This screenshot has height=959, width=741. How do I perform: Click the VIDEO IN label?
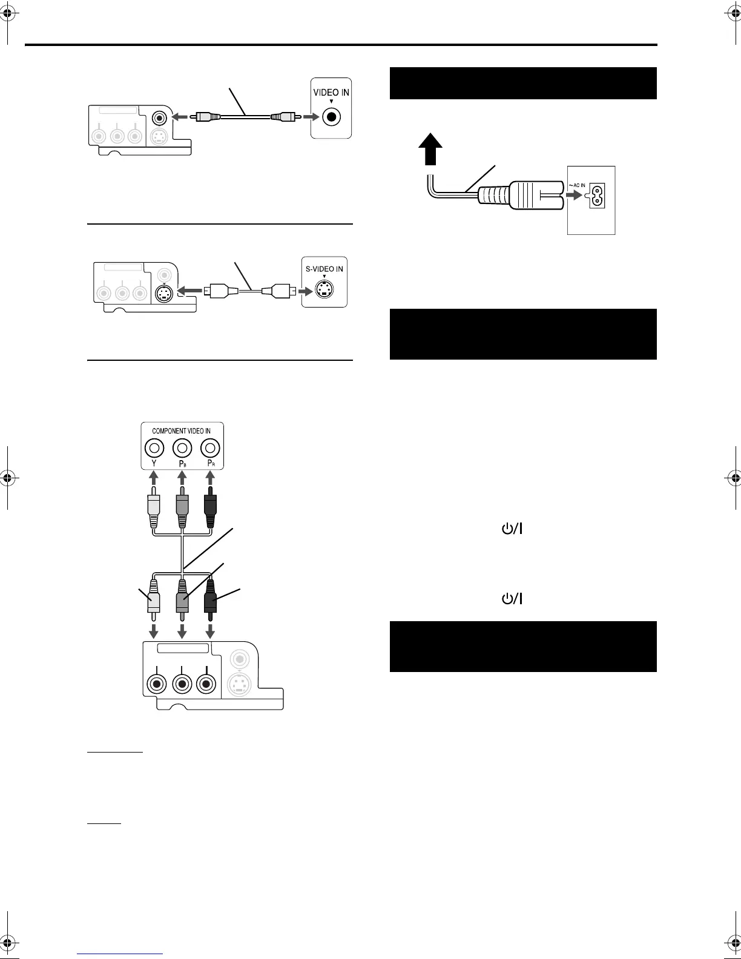coord(331,93)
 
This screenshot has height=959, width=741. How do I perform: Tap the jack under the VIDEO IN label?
coord(331,116)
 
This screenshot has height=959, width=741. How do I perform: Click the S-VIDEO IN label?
coord(324,269)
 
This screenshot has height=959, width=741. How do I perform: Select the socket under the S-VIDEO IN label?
coord(324,291)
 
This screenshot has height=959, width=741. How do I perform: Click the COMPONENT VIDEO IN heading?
coord(182,431)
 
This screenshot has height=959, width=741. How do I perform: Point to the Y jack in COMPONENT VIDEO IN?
coord(154,449)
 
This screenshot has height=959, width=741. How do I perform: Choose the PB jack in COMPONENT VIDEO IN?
coord(182,449)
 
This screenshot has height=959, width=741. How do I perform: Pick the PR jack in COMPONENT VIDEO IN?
coord(210,449)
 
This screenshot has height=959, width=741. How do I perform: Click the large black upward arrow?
coord(430,151)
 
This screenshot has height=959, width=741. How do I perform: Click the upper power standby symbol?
coord(512,529)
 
